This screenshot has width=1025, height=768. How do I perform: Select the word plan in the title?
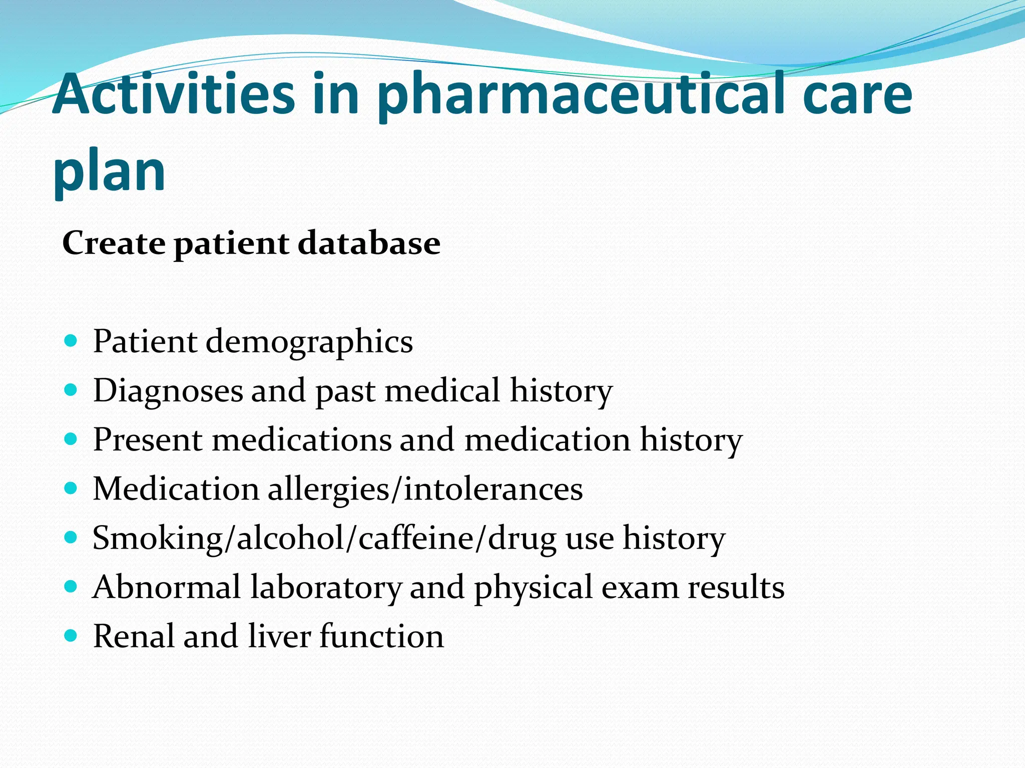pyautogui.click(x=109, y=172)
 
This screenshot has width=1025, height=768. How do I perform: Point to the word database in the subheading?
pyautogui.click(x=369, y=243)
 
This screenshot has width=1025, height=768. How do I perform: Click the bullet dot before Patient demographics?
pyautogui.click(x=72, y=341)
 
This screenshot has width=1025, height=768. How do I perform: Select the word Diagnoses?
pyautogui.click(x=168, y=391)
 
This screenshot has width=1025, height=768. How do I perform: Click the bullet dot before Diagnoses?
pyautogui.click(x=72, y=389)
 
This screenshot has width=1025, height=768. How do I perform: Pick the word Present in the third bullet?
pyautogui.click(x=148, y=439)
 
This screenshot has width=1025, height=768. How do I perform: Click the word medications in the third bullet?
pyautogui.click(x=302, y=439)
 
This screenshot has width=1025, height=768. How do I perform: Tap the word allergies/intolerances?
pyautogui.click(x=425, y=489)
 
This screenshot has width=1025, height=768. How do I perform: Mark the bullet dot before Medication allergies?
pyautogui.click(x=72, y=488)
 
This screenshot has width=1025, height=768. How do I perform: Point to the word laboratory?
pyautogui.click(x=326, y=588)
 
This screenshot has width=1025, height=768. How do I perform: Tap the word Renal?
pyautogui.click(x=134, y=636)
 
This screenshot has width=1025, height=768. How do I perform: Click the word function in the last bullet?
pyautogui.click(x=381, y=636)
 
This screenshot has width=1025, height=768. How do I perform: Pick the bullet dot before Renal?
pyautogui.click(x=72, y=635)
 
